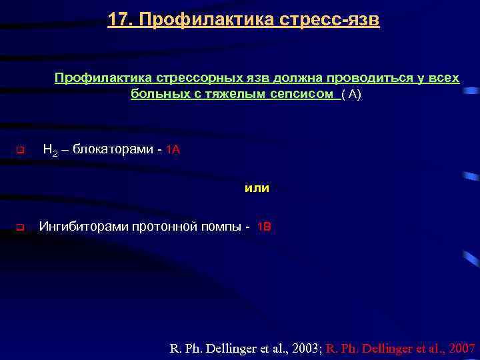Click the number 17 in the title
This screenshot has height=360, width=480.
pos(117,20)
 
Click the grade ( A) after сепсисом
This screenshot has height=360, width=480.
pos(351,95)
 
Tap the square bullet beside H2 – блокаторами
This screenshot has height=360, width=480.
pos(19,150)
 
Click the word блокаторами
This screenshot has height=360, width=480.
pos(113,149)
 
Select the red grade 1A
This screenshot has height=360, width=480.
pos(173,149)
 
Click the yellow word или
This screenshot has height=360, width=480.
pos(257,188)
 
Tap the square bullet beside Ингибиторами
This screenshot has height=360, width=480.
pos(19,227)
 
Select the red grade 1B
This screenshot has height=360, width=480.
pos(264,227)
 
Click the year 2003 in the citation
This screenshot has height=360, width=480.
pos(305,348)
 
